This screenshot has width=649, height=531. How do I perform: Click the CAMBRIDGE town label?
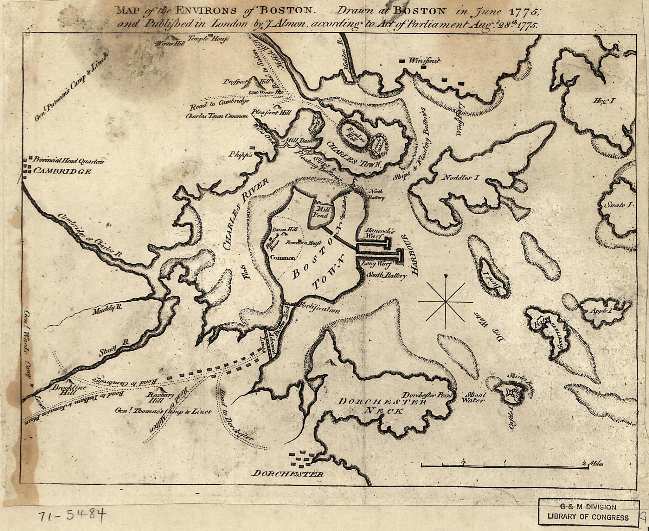pyautogui.click(x=62, y=172)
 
